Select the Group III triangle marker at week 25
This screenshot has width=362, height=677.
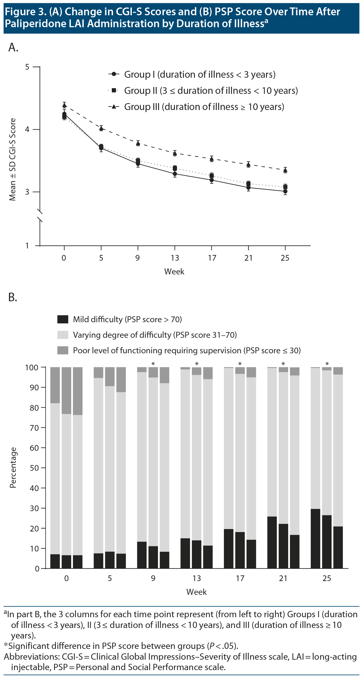(285, 170)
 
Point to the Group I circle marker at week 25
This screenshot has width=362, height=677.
(285, 191)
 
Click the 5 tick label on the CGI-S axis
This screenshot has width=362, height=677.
(27, 67)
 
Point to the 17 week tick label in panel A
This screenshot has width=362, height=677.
(212, 258)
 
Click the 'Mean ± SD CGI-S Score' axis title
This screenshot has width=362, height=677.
(12, 159)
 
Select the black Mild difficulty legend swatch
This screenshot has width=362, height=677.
(63, 319)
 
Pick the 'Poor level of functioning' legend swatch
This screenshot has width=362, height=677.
(63, 350)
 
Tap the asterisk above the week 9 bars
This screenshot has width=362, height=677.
(153, 364)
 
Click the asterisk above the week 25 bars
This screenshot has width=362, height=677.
(327, 364)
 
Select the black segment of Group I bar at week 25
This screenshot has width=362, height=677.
(315, 538)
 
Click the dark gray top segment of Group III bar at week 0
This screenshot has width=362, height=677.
(78, 391)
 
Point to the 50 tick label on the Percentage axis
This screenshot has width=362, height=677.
(35, 468)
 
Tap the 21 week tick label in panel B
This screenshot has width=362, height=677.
(283, 578)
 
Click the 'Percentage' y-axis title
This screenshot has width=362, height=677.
(13, 467)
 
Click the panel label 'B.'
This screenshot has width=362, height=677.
(13, 297)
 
